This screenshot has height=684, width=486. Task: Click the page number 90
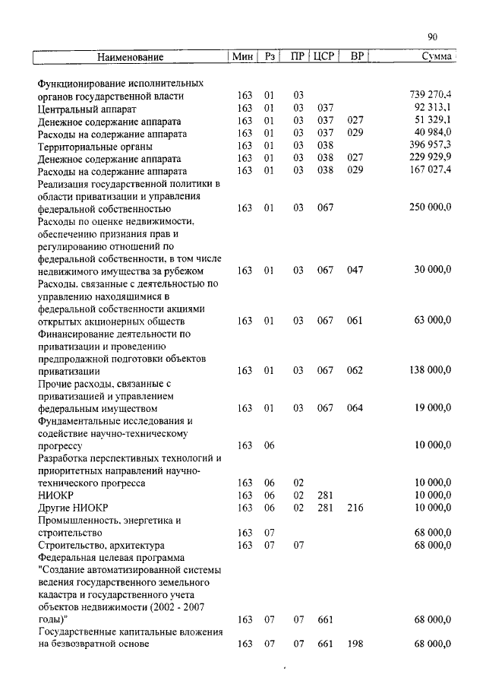tap(432, 36)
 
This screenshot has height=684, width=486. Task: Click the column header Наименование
tap(130, 57)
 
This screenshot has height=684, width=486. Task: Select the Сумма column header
tap(437, 57)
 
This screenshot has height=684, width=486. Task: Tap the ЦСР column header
tap(323, 57)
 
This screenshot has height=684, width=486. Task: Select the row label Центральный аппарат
tap(82, 108)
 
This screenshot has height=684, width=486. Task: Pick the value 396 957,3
tap(430, 145)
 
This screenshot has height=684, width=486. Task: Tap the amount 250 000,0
tap(430, 207)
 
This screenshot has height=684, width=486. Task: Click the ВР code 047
tap(355, 270)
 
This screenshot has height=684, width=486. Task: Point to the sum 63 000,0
tap(433, 320)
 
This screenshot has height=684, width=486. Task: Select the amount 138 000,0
tap(430, 370)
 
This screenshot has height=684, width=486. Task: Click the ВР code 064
tap(355, 407)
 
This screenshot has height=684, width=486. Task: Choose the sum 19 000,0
tap(433, 407)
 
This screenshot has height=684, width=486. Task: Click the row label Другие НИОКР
tap(73, 507)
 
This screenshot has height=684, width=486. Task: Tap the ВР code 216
tap(355, 507)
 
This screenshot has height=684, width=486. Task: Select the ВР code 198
tap(355, 644)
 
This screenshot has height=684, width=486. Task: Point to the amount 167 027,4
tap(430, 170)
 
